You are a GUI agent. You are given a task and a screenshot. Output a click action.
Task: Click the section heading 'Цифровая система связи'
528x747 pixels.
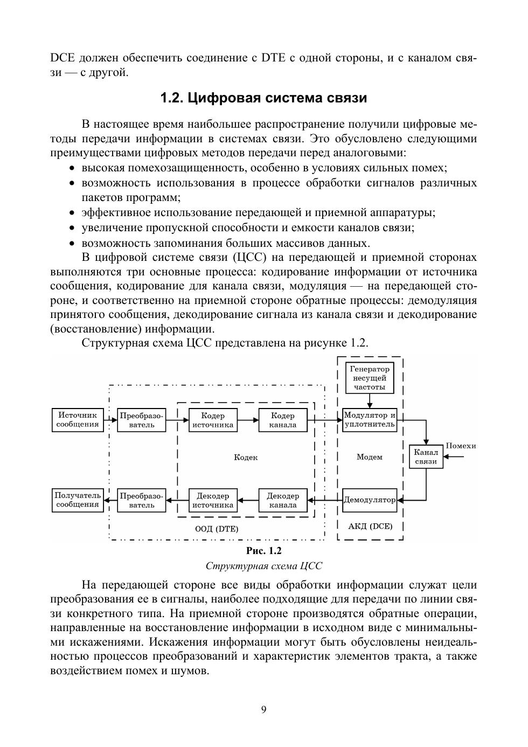coord(263,98)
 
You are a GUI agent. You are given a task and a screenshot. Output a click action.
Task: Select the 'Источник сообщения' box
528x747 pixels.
coord(78,420)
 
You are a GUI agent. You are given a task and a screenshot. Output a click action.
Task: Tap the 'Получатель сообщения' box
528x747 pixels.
coord(78,500)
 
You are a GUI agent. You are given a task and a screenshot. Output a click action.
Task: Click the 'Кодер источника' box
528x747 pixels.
coord(213,420)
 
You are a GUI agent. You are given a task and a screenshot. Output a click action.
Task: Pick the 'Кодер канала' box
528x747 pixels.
coord(283,420)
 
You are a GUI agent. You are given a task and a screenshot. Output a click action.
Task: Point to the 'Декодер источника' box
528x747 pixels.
coord(213,500)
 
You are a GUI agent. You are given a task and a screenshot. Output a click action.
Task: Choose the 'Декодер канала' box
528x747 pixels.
coord(283,500)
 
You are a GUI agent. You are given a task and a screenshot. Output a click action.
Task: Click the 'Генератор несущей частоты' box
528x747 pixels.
coord(370,378)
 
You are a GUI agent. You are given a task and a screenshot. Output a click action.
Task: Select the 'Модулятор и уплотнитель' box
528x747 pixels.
coord(370,420)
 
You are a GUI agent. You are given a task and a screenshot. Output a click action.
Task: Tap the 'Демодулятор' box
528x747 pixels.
coord(370,500)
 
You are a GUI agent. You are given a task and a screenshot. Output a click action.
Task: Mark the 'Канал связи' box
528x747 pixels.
coord(426,457)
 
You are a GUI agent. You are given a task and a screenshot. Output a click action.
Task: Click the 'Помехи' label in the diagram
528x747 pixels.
coord(461,446)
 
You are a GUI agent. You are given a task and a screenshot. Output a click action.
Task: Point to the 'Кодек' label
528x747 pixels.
coord(246,457)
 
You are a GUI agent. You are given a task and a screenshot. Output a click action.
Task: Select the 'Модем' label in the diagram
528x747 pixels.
coord(370,457)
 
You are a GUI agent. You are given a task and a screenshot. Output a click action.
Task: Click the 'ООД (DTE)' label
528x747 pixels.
coord(217,529)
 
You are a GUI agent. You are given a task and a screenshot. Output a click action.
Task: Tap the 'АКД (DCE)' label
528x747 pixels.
coord(370,525)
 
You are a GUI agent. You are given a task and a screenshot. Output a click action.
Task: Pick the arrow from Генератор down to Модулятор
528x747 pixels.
coord(370,401)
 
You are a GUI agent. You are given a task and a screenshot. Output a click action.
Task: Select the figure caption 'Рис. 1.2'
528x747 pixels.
coord(263,551)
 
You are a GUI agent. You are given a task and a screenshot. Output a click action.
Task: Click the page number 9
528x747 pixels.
coord(263,709)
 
